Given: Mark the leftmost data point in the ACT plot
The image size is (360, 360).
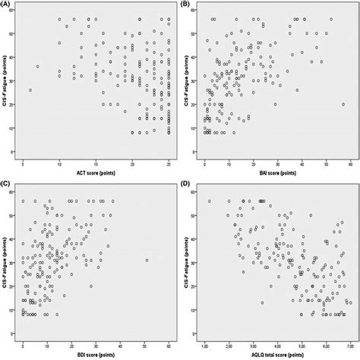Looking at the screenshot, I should click(x=31, y=90).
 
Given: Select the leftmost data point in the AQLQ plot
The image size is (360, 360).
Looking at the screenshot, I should click(x=210, y=201).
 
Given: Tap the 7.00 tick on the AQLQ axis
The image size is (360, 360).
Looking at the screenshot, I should click(x=349, y=346).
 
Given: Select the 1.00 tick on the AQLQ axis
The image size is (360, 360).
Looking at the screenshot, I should click(x=204, y=346).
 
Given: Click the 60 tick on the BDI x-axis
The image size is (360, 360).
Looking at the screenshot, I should click(x=171, y=346).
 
